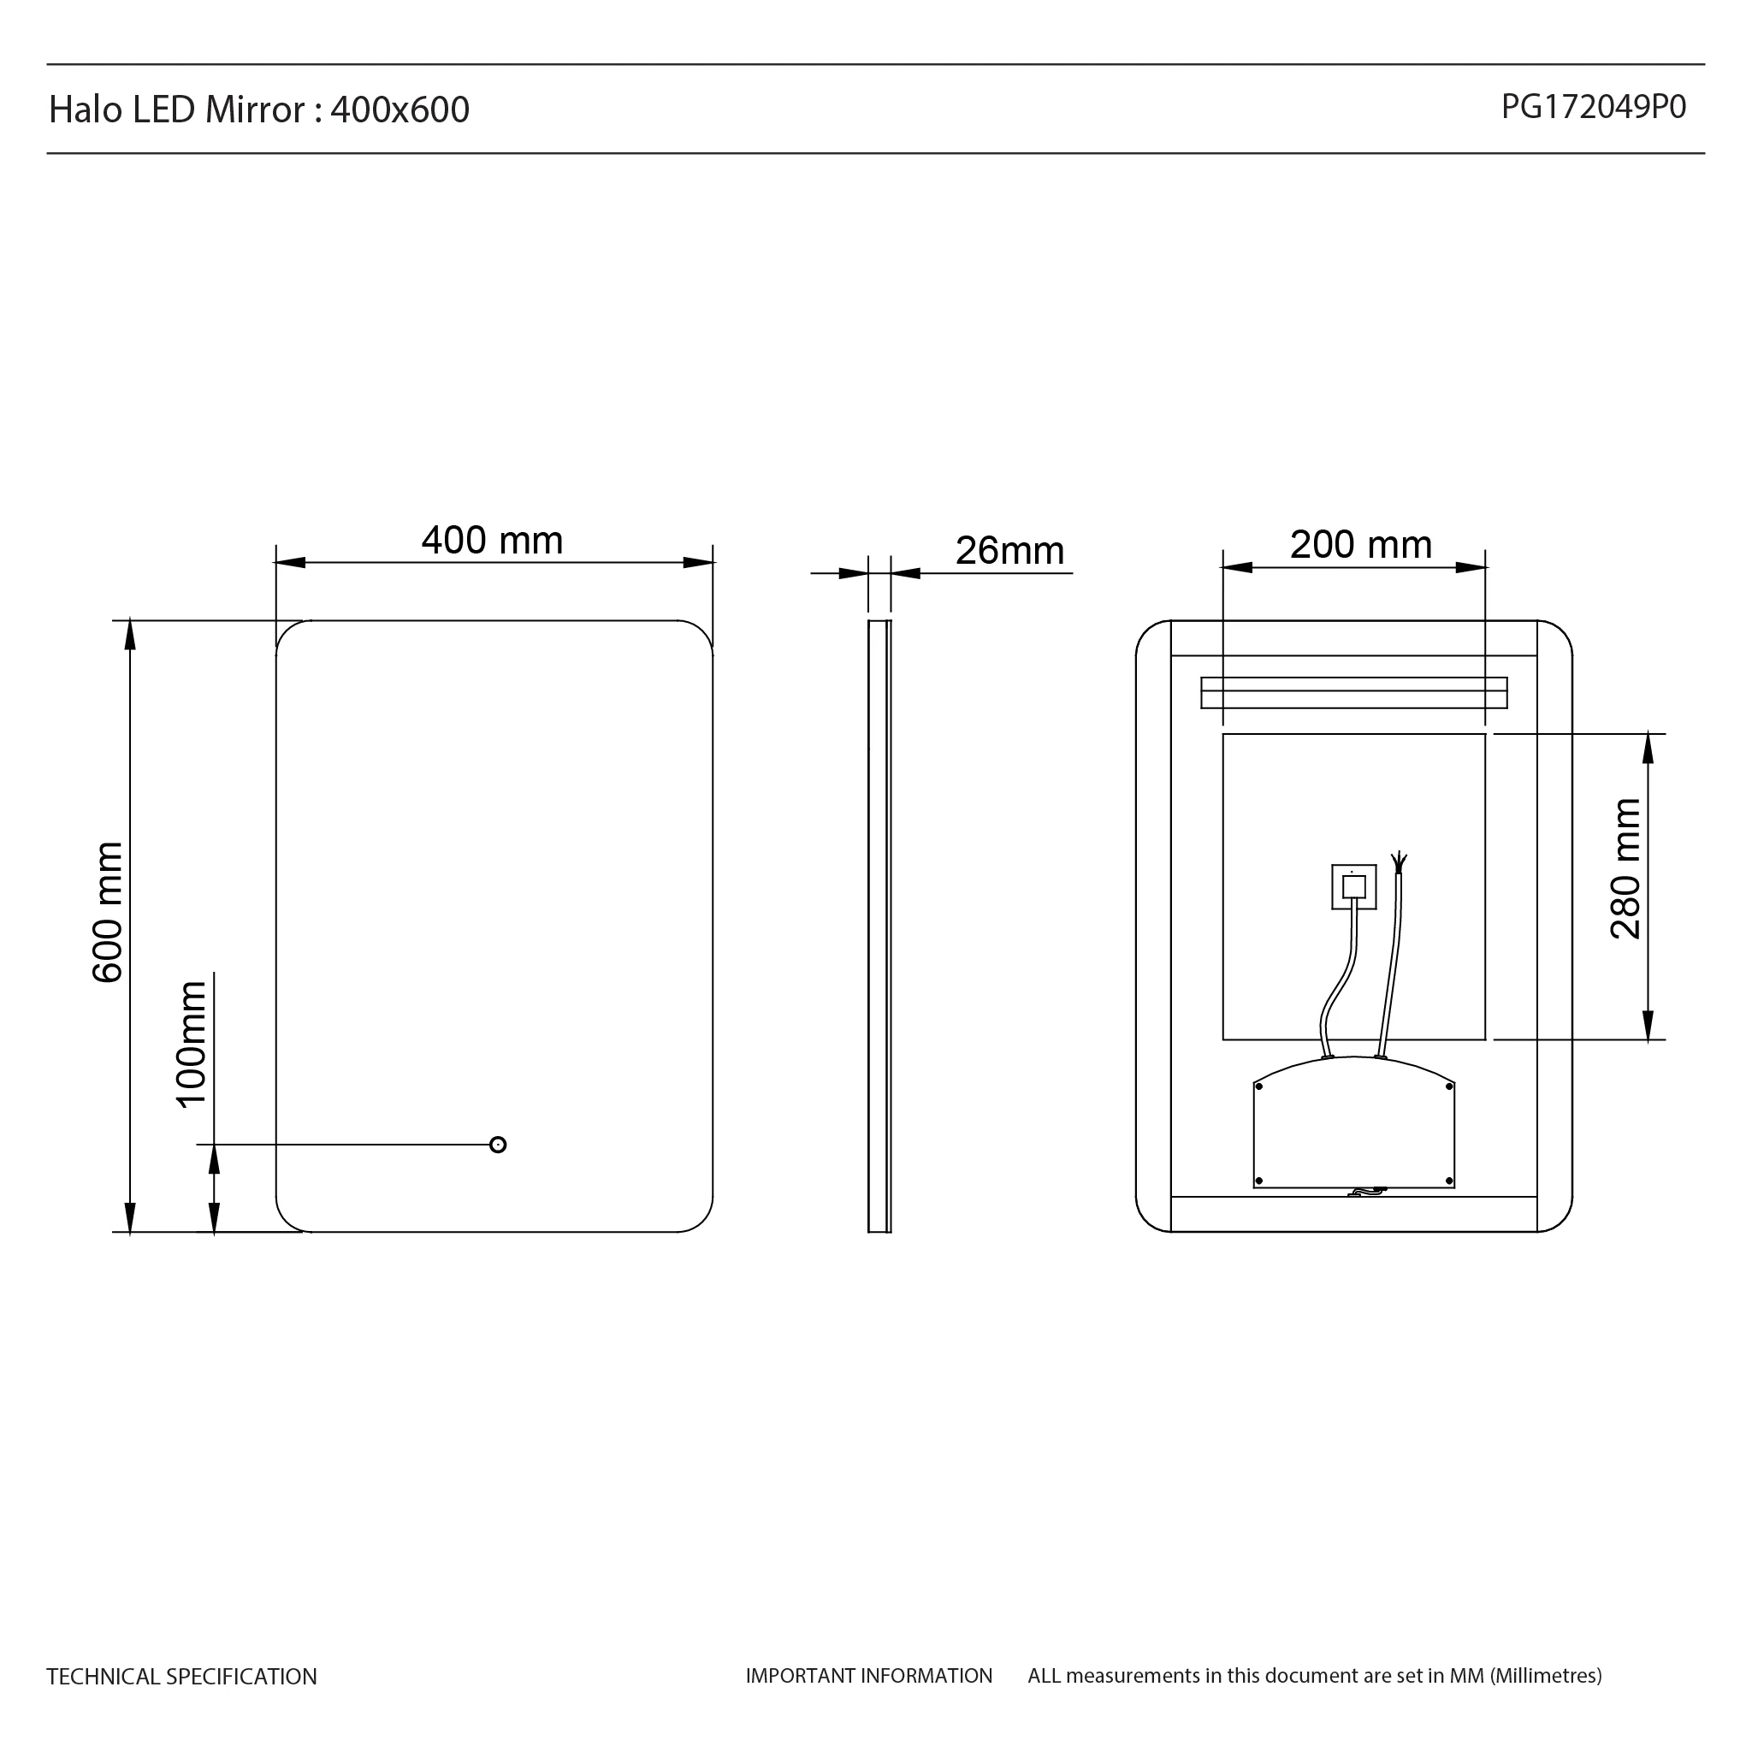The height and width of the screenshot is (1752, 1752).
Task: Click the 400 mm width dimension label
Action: coord(493,541)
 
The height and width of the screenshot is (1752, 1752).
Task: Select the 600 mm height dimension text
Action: coord(108,911)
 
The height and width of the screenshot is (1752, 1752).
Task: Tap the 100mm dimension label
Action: coord(192,1044)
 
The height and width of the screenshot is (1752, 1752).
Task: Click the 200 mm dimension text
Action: coord(1360,545)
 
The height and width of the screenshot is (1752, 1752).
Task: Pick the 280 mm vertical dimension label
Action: coord(1625,869)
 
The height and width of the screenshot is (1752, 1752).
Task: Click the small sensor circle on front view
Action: coord(498,1145)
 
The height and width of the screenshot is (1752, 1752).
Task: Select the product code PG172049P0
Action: coord(1593,107)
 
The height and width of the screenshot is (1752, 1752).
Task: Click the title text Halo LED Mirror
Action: coord(177,109)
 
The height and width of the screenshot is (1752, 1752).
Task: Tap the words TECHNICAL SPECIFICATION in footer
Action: coord(181,1677)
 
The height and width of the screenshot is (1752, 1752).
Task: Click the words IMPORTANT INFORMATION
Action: coord(869,1676)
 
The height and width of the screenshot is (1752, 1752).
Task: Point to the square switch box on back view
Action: coord(1354,886)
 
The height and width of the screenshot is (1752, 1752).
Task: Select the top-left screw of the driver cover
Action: coord(1258,1086)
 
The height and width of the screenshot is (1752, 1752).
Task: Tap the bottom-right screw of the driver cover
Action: coord(1449,1181)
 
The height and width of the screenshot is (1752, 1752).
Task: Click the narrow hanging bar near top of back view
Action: coord(1354,693)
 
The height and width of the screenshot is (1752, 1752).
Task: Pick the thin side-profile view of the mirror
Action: coord(879,925)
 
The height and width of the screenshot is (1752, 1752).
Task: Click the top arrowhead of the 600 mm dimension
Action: coord(130,635)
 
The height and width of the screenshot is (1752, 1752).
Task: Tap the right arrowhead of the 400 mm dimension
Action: coord(698,562)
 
